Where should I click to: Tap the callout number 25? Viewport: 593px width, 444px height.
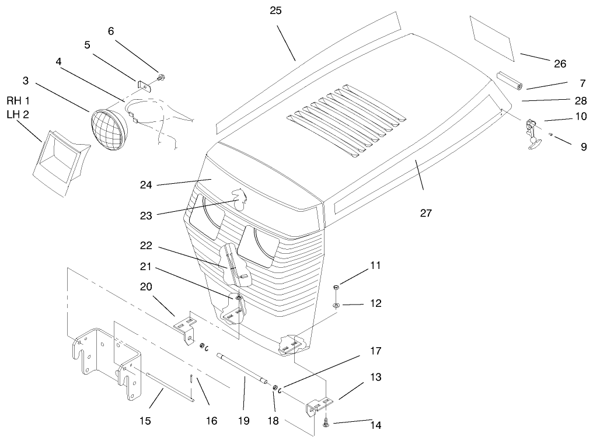[x=276, y=11]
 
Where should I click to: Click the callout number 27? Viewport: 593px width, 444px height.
[x=425, y=213]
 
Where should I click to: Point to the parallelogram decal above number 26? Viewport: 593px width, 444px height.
[x=491, y=38]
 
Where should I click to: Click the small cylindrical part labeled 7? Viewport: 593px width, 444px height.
[x=511, y=81]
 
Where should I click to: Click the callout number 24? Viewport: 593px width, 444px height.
[x=146, y=185]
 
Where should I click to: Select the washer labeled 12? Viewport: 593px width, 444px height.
[x=336, y=305]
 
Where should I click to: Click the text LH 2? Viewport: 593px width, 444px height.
[x=18, y=114]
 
